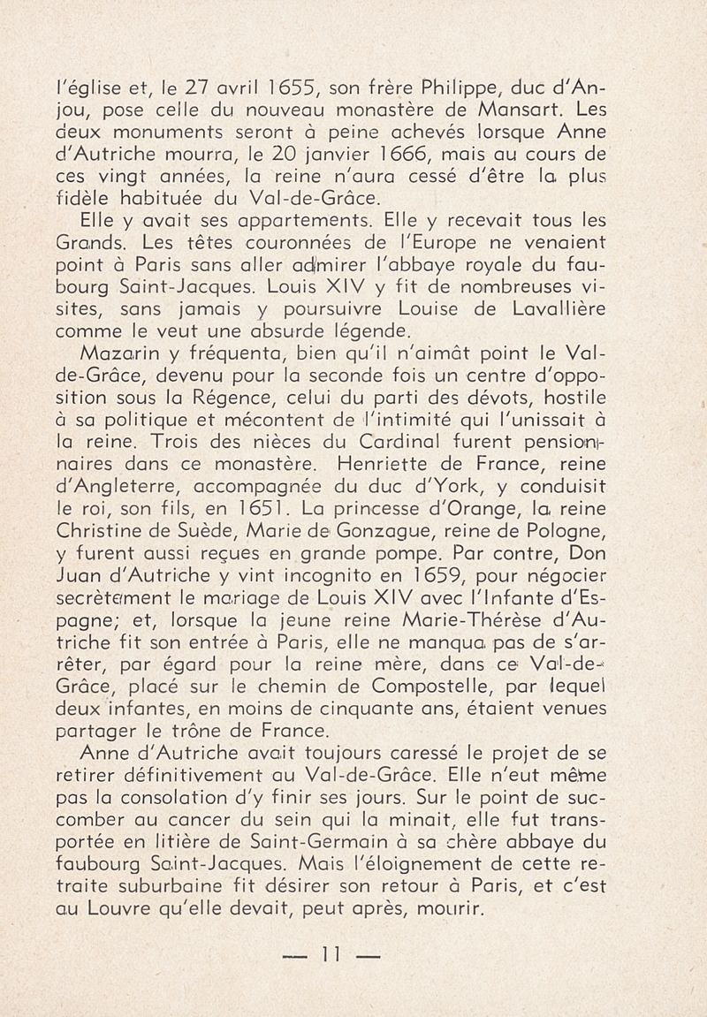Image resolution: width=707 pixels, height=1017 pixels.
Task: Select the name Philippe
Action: pos(467,89)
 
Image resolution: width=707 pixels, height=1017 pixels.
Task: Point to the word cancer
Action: pos(173,844)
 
